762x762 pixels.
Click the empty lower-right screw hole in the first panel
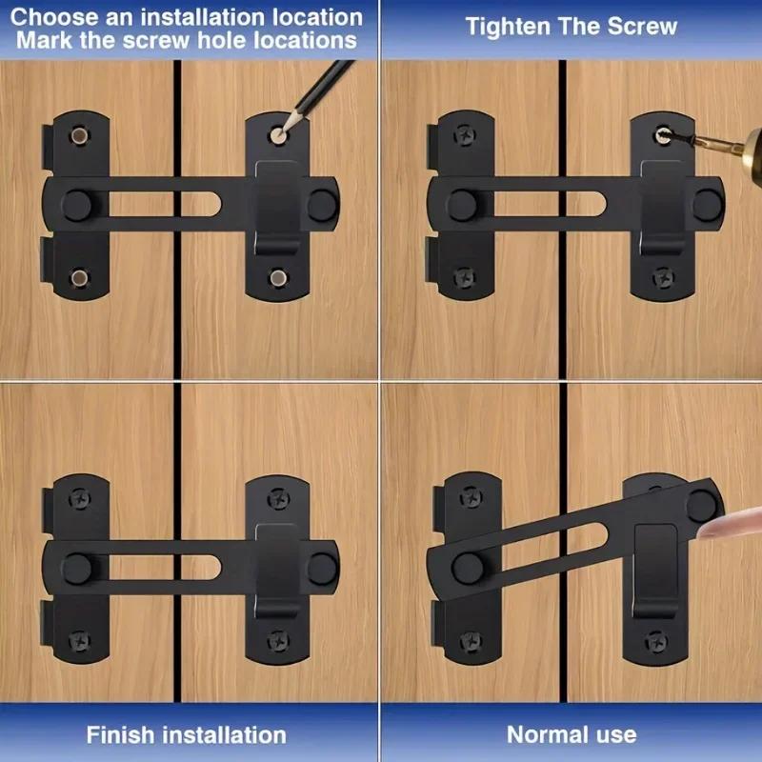[277, 278]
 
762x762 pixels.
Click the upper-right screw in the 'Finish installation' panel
[278, 495]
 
